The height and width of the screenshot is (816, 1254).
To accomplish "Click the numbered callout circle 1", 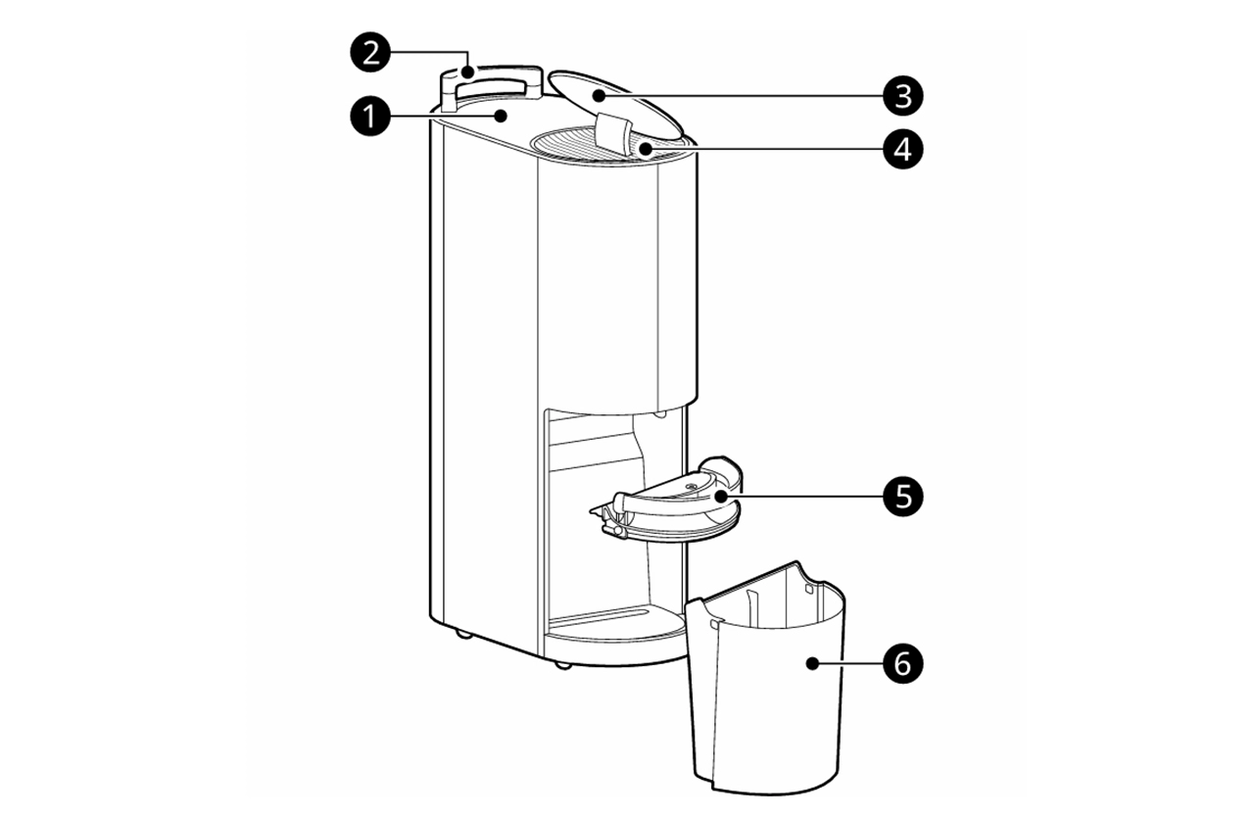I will click(368, 118).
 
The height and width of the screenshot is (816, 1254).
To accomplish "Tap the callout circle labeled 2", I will click(368, 54).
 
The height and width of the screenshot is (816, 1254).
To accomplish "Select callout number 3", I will click(902, 96).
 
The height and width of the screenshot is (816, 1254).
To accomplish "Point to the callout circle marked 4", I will click(902, 150).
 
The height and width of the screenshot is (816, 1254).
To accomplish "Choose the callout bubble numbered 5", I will click(902, 496).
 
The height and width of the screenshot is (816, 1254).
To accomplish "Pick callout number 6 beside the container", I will click(902, 664).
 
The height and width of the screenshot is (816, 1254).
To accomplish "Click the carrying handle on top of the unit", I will click(500, 77).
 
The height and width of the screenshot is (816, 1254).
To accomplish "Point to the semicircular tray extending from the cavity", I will click(676, 509).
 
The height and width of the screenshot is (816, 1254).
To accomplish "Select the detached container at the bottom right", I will click(764, 686).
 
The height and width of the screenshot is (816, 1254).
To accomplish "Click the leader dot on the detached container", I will click(812, 664).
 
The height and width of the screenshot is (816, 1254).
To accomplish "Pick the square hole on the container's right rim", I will click(808, 590).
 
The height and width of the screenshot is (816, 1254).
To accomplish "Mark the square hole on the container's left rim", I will click(714, 621).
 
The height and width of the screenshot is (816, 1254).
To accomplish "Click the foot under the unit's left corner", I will click(461, 635).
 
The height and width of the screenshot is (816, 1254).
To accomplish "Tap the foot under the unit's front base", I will click(561, 665).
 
